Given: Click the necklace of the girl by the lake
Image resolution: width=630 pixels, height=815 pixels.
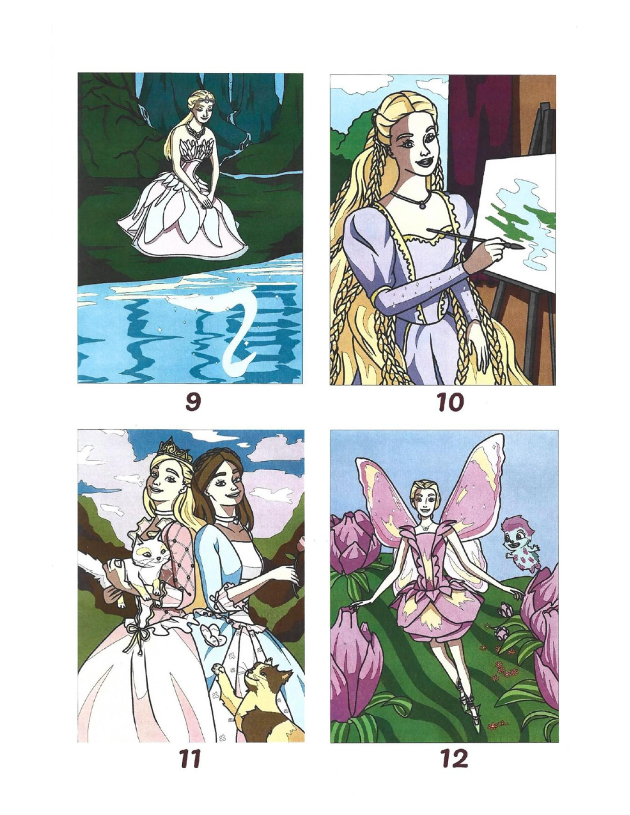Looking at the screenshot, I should (199, 132).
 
